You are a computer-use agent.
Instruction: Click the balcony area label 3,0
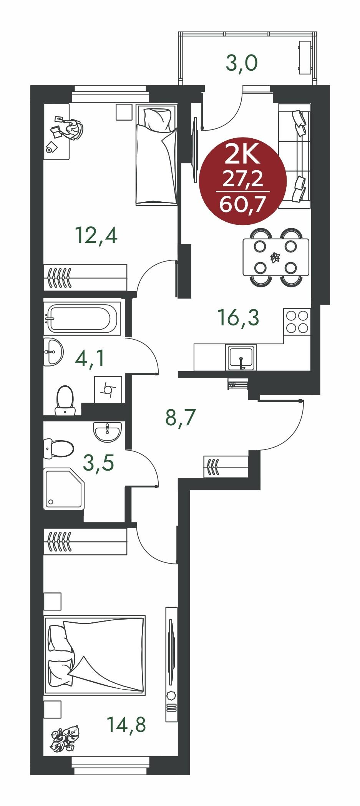tap(241, 63)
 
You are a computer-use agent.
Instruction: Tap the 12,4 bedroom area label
tap(96, 235)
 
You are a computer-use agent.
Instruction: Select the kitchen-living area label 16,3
tap(238, 317)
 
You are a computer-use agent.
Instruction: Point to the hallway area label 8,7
tap(181, 418)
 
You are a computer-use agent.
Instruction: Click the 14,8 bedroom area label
tap(126, 725)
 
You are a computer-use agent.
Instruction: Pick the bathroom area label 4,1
tap(90, 358)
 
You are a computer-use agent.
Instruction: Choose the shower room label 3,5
tap(98, 463)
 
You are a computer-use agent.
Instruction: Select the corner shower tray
tap(64, 489)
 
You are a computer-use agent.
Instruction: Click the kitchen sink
tap(241, 357)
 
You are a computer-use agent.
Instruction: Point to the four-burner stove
tap(297, 321)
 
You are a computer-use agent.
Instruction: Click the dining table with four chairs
tap(276, 257)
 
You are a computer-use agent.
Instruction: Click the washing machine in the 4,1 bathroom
tap(108, 389)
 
